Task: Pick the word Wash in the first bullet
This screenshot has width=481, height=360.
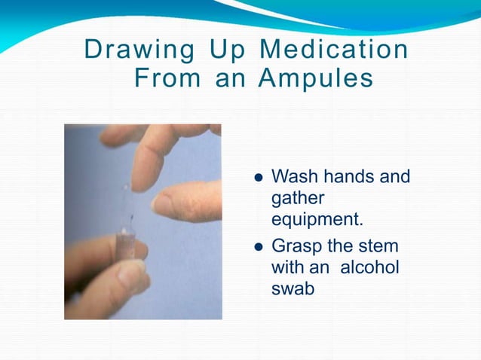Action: pyautogui.click(x=293, y=178)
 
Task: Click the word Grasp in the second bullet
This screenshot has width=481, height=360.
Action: pyautogui.click(x=296, y=247)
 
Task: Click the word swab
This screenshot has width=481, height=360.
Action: pyautogui.click(x=292, y=289)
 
